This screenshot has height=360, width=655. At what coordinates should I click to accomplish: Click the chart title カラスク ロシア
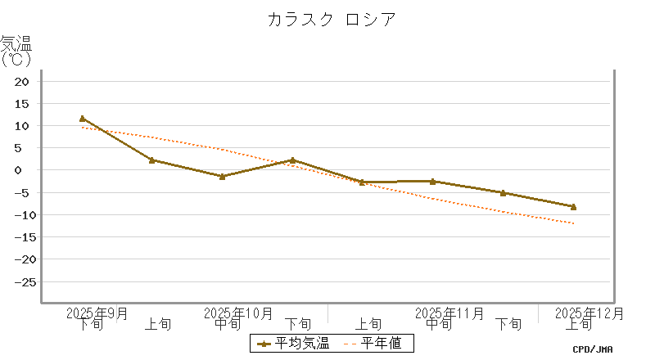pos(332,20)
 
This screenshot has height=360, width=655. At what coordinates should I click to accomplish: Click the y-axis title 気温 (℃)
pos(16,50)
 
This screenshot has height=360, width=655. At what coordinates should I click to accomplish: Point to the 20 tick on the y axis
pos(22,82)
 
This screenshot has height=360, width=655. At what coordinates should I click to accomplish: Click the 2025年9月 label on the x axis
pos(97,313)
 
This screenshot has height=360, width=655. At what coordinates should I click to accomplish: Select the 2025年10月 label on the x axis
pos(238,313)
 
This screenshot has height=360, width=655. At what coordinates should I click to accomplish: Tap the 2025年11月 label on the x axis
pos(449,313)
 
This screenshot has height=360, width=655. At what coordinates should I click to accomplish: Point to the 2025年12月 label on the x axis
pos(589,313)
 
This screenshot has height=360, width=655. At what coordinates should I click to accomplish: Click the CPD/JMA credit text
pos(593,349)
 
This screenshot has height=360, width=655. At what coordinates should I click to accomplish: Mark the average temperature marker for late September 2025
pos(83,119)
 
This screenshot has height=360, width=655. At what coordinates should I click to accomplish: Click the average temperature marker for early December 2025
pos(574,207)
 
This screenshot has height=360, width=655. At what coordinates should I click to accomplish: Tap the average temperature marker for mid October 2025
pos(223,176)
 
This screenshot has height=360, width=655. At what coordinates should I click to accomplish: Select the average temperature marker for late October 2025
pos(293,160)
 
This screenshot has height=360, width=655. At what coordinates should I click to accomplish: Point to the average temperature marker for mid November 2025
pos(433,181)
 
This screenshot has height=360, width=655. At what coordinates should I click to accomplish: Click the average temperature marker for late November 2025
pos(504,193)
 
